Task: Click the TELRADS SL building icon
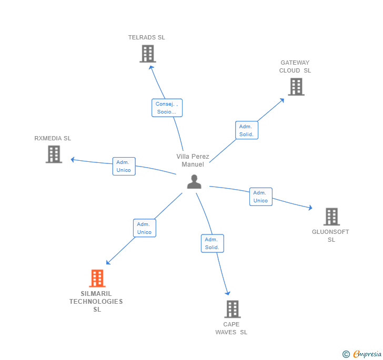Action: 148,54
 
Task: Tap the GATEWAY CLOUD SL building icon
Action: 296,87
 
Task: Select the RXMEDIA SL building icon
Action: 54,155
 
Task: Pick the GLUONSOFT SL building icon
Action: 331,217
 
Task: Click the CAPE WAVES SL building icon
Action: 233,309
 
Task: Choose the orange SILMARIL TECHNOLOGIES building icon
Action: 97,279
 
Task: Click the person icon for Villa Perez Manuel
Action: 194,181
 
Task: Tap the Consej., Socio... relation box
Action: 167,108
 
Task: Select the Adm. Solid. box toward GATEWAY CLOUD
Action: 246,130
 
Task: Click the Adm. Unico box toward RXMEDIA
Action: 124,166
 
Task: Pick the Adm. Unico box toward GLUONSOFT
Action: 260,197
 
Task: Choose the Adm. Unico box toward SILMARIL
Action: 144,228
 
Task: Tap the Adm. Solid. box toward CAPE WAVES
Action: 212,243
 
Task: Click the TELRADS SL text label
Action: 147,37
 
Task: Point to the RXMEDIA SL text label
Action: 53,138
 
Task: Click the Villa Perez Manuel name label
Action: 193,160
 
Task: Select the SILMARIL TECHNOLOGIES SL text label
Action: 96,302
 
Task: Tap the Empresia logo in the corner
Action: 361,354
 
